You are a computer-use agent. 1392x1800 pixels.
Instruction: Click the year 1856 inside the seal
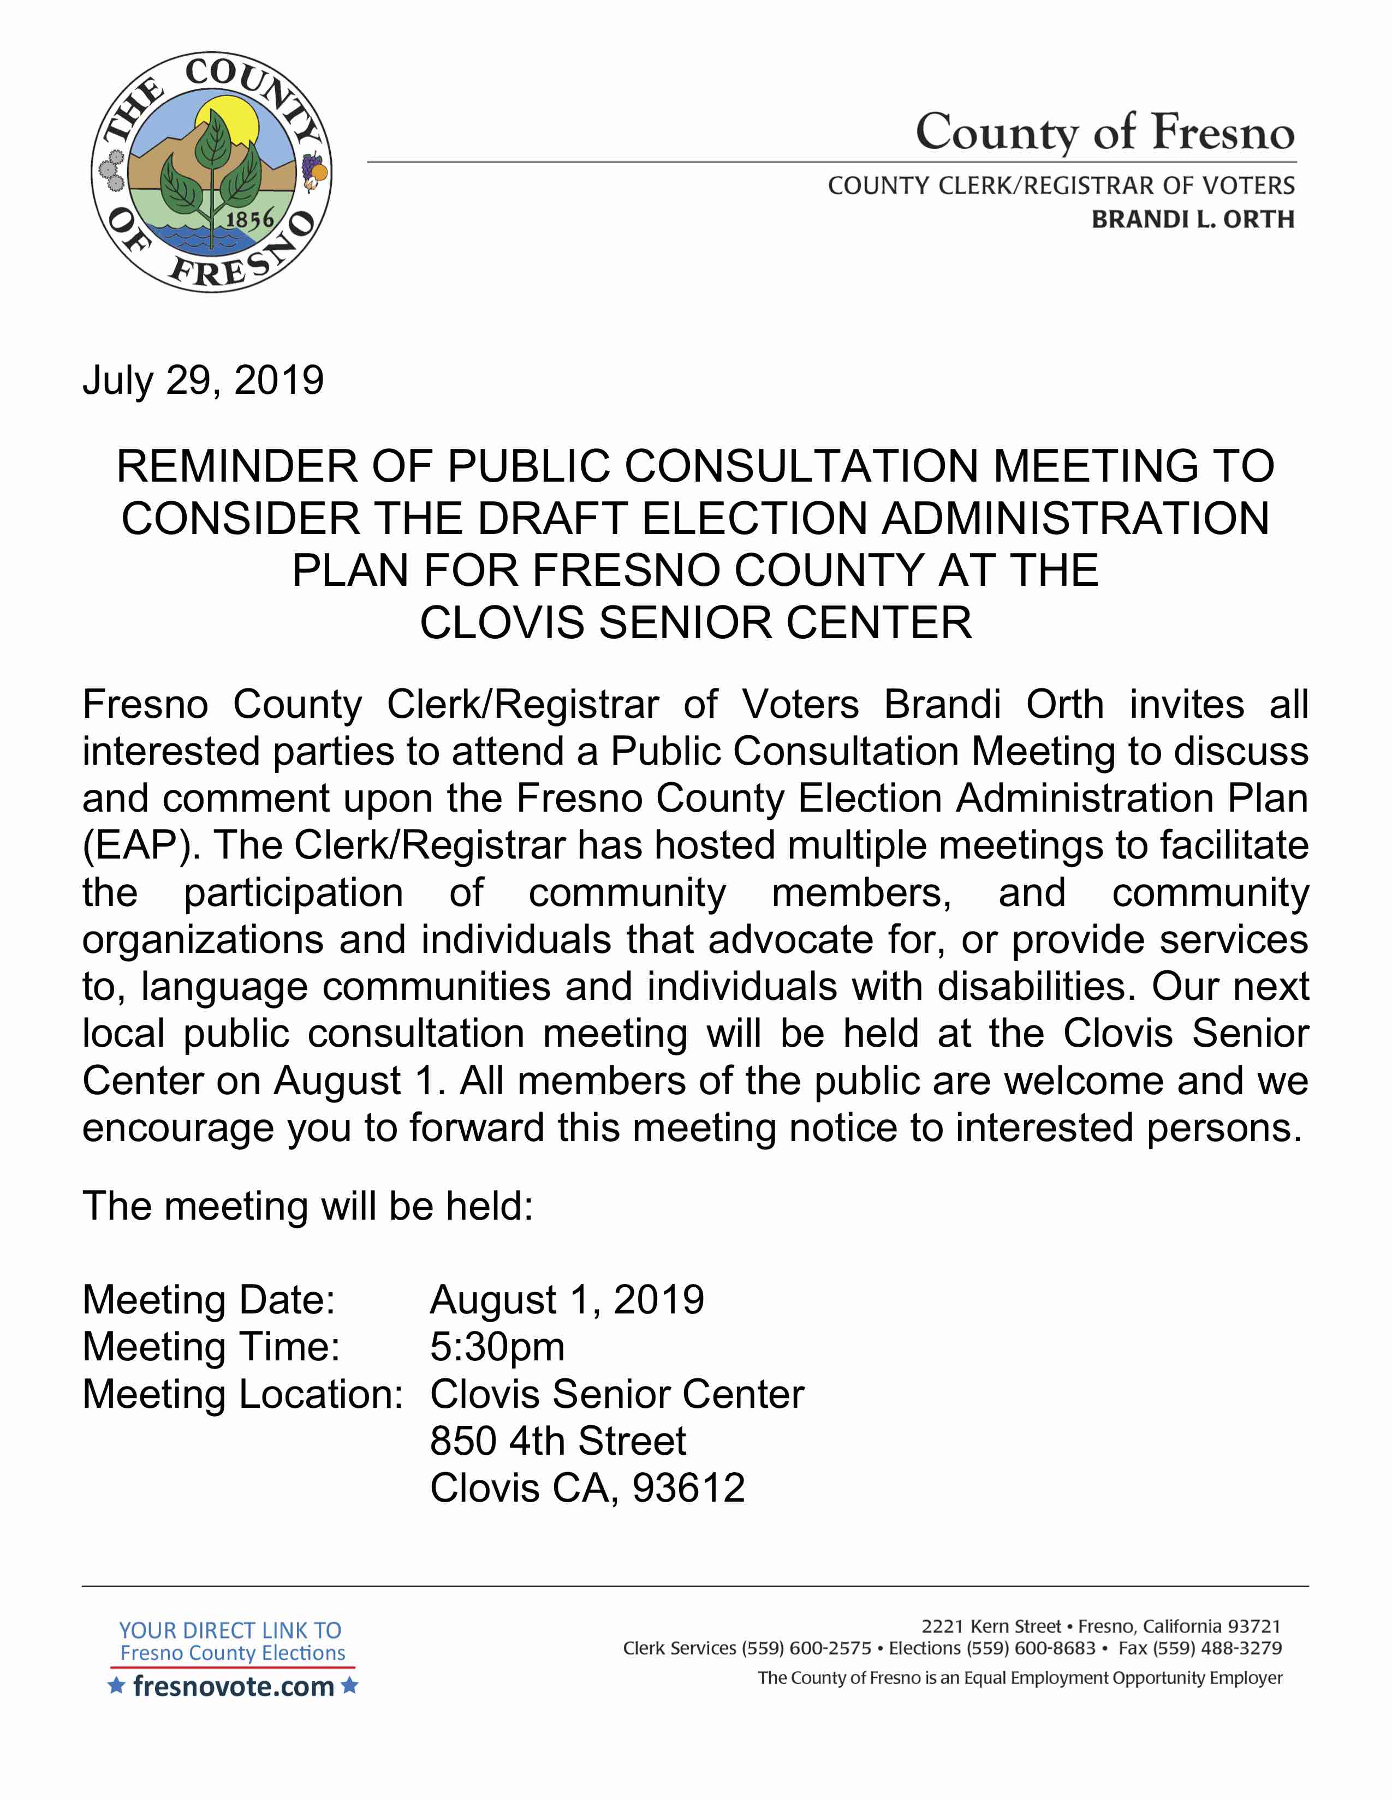250,219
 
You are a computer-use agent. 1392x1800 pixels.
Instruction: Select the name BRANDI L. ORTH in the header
1192,219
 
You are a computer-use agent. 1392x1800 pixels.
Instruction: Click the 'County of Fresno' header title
1104,132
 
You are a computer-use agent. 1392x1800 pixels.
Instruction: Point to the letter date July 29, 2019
203,380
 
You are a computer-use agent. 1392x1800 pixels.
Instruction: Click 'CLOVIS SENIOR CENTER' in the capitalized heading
695,622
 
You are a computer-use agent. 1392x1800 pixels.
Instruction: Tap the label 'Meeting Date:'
209,1300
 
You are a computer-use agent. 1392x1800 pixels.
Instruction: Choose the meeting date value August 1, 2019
567,1300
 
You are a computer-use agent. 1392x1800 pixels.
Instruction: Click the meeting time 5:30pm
497,1347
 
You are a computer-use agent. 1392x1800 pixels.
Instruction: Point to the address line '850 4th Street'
557,1441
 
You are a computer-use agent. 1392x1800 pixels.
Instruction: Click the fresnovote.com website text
234,1686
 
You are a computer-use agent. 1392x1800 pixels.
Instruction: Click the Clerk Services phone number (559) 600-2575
806,1648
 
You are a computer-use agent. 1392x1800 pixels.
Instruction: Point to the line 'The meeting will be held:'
307,1206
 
